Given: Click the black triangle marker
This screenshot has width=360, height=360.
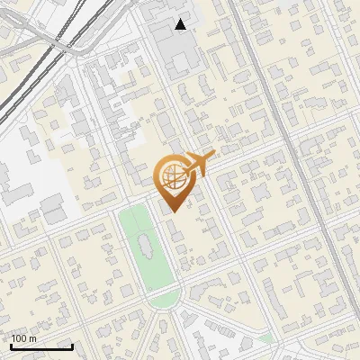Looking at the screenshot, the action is point(182,24).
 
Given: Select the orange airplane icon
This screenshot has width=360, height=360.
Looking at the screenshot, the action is point(198,164).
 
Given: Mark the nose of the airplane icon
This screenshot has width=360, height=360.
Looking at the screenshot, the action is point(213,155).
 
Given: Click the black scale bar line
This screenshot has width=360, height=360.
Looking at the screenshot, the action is point(41,346).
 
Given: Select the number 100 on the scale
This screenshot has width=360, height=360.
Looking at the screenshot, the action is point(21,339).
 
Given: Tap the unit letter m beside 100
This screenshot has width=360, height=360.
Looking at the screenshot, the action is point(32,339).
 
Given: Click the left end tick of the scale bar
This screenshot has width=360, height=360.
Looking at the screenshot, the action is point(11,345).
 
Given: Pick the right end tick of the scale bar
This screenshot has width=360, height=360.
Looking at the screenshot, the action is point(72,345).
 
